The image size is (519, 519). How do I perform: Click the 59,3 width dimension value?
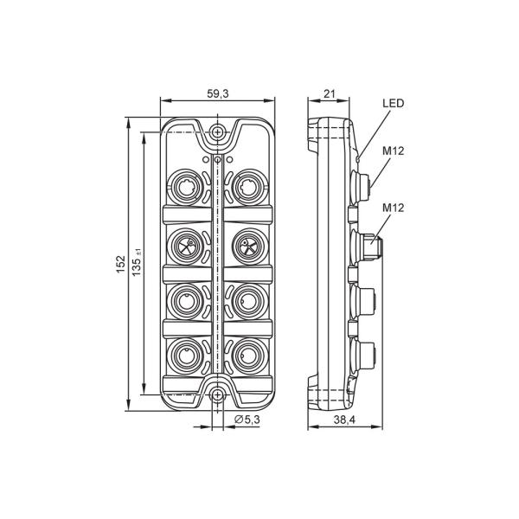218,94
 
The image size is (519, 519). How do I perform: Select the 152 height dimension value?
121,264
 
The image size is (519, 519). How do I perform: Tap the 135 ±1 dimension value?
137,262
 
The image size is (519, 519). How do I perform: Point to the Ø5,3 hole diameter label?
247,420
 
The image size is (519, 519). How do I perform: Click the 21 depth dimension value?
329,94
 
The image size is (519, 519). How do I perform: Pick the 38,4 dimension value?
344,420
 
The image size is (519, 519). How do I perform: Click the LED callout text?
394,103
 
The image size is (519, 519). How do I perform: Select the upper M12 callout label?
394,151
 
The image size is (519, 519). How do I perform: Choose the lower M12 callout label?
394,208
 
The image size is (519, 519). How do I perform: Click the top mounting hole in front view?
217,131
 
